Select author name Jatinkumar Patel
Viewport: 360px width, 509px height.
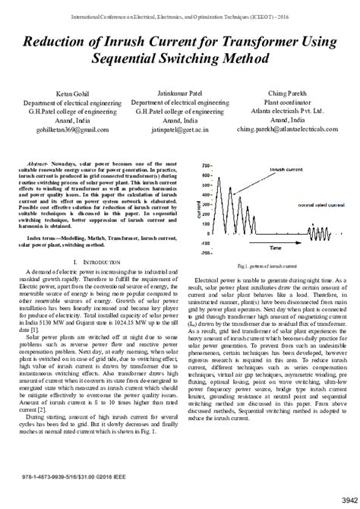pos(179,93)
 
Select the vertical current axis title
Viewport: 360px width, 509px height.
pos(199,207)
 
